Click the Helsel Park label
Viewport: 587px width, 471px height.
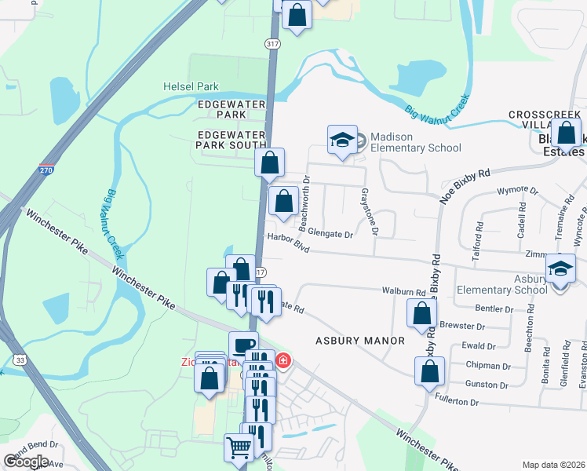click(x=191, y=86)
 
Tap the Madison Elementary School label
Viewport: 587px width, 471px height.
click(x=415, y=142)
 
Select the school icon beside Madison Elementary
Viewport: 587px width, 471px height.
click(x=342, y=140)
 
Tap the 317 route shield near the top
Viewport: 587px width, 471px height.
click(x=272, y=45)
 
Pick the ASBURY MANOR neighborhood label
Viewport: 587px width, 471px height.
click(x=360, y=341)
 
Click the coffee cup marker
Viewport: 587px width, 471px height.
click(x=243, y=345)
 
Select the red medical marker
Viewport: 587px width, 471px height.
click(x=283, y=361)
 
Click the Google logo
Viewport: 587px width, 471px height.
click(x=26, y=462)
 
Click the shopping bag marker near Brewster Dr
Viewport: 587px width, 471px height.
click(x=422, y=313)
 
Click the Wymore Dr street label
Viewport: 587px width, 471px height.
click(x=518, y=191)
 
